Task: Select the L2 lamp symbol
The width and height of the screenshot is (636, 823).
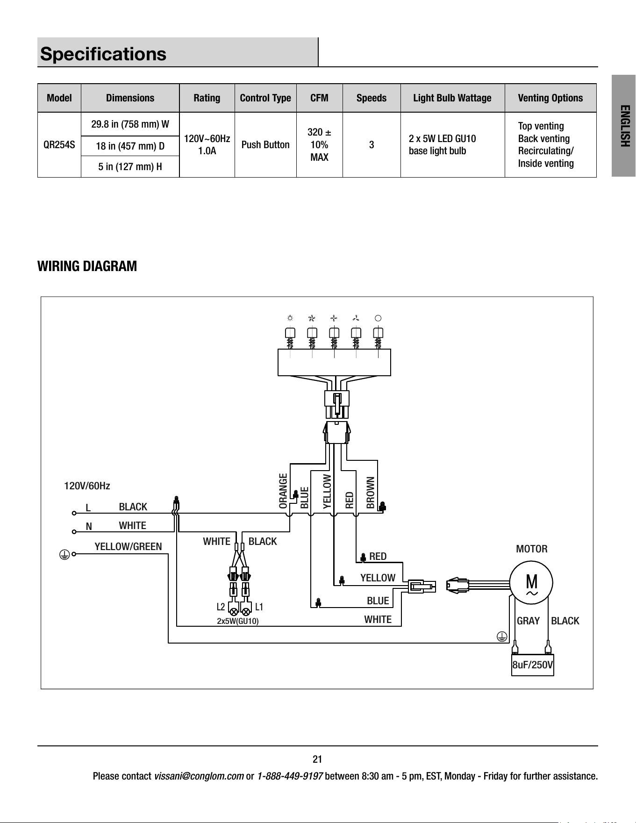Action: tap(233, 611)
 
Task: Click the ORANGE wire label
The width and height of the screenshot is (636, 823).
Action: tap(283, 491)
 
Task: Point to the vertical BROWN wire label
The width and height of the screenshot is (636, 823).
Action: tap(371, 493)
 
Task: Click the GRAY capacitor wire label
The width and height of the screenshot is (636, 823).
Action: tap(528, 621)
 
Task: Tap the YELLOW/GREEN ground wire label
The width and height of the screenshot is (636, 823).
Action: tap(129, 546)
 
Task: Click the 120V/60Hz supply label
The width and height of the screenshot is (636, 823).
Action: tap(87, 486)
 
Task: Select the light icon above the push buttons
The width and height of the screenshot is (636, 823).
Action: tap(290, 318)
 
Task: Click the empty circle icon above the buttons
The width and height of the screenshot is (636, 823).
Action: tap(378, 318)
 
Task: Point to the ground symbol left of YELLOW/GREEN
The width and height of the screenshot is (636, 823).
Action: tap(64, 554)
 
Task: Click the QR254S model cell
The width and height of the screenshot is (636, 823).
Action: tap(59, 145)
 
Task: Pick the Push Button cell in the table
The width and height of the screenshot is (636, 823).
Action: tap(265, 145)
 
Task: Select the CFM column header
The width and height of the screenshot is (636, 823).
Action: tap(320, 98)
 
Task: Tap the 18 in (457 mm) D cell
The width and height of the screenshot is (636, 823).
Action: tap(130, 146)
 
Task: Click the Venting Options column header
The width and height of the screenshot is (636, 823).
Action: tap(550, 98)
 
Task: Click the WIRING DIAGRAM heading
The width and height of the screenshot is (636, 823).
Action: tap(87, 266)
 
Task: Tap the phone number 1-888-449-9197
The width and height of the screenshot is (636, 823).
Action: tap(290, 776)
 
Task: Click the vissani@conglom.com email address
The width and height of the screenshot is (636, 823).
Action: tap(199, 776)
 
